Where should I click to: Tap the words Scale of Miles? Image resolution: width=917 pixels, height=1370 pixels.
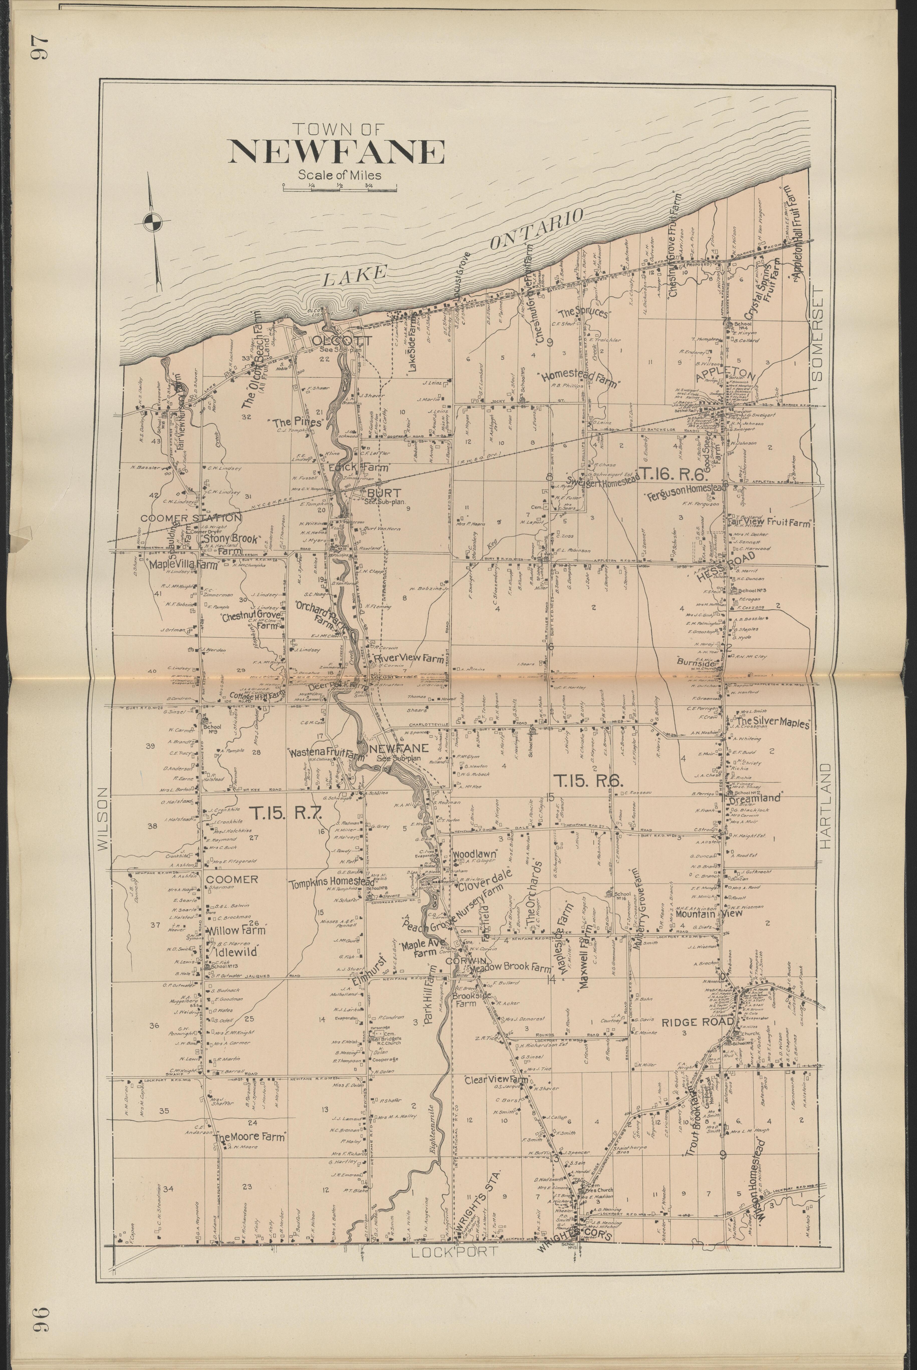(339, 175)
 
